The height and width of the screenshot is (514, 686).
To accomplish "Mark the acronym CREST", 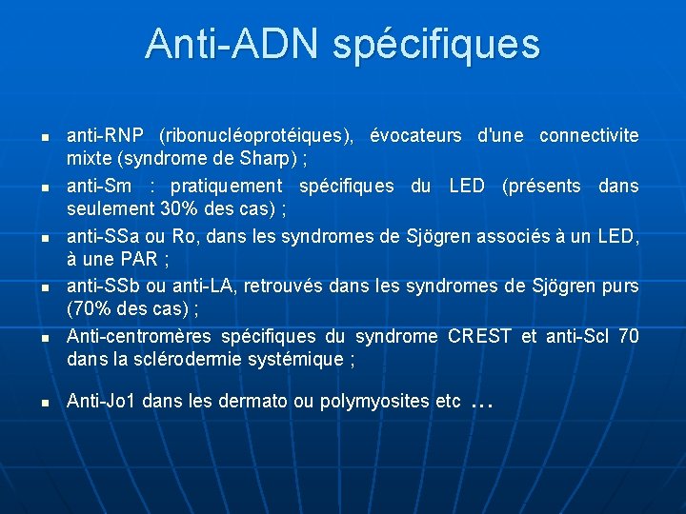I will coord(479,336).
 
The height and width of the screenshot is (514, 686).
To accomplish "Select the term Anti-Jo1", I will coord(100,401).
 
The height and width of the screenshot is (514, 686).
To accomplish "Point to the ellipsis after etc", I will coord(482,404).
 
